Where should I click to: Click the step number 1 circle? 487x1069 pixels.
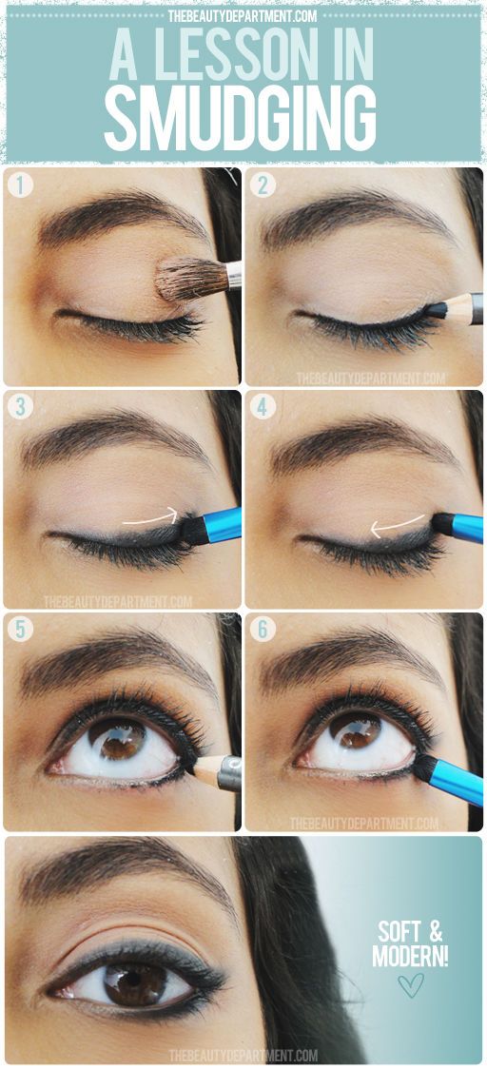click(x=19, y=185)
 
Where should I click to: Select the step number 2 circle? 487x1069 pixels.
click(x=263, y=185)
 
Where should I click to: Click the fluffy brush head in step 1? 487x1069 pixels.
click(x=189, y=280)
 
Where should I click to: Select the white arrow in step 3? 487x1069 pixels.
click(x=150, y=518)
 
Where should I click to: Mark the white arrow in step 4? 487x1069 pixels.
click(x=397, y=523)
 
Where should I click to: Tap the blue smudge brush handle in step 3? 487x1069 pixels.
click(x=223, y=526)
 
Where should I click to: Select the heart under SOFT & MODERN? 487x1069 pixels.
click(x=410, y=984)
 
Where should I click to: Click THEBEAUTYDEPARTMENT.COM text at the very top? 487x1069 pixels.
click(x=243, y=13)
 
